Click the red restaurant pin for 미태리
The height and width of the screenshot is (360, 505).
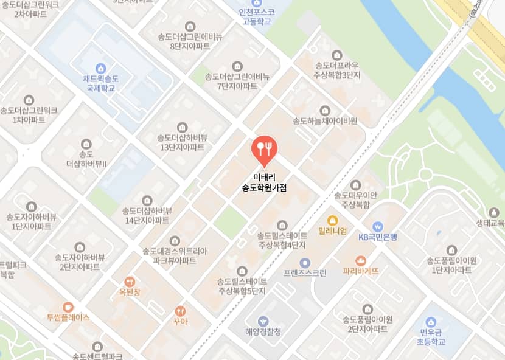pos(264,148)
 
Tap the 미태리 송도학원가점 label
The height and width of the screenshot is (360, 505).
pos(264,183)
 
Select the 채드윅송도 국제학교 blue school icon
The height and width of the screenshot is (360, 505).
pos(101,68)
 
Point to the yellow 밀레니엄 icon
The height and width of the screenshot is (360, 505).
pos(332,220)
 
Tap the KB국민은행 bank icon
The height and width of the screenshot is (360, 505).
pos(377,226)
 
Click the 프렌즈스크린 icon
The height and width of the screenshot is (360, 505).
pos(305,263)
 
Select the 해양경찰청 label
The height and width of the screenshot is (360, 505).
pos(263,332)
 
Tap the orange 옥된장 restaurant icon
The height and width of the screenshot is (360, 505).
pos(130,282)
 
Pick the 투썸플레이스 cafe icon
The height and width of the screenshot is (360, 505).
pos(68,307)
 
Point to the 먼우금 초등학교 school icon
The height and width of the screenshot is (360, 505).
pos(431,322)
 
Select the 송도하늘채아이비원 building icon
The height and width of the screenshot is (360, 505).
pos(325,110)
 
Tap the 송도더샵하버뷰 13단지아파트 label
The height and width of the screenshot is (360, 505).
pos(182,142)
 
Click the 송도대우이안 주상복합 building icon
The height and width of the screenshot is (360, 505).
pos(356,184)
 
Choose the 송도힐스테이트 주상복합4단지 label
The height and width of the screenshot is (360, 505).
pos(281,240)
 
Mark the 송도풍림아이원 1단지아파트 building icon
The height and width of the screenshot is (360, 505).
pos(451,250)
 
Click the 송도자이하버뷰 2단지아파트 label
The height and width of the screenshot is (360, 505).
pos(80,262)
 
